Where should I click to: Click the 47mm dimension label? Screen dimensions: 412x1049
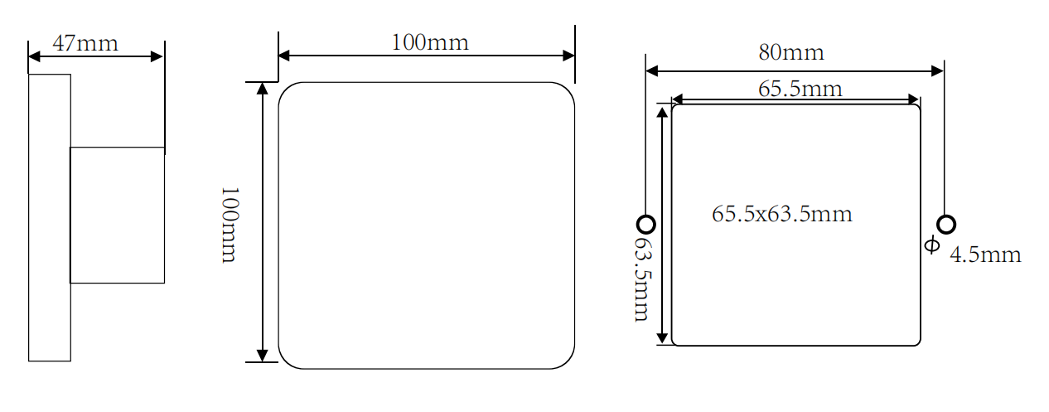pyautogui.click(x=85, y=43)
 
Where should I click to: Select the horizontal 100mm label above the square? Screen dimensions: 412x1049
pyautogui.click(x=429, y=42)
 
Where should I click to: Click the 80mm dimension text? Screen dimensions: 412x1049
pyautogui.click(x=791, y=53)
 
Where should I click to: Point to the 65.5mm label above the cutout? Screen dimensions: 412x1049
pyautogui.click(x=800, y=89)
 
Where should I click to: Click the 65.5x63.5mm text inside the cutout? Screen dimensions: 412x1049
pyautogui.click(x=781, y=214)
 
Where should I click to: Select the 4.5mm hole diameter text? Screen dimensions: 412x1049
pyautogui.click(x=984, y=254)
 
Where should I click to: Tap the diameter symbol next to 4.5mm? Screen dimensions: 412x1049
pyautogui.click(x=932, y=245)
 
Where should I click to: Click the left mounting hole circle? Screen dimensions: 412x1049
pyautogui.click(x=646, y=224)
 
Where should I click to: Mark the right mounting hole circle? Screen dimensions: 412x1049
pyautogui.click(x=945, y=224)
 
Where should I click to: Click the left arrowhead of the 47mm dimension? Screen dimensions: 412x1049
pyautogui.click(x=35, y=57)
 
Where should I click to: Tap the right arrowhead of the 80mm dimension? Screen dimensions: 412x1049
pyautogui.click(x=937, y=71)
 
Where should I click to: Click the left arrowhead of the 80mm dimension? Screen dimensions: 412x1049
pyautogui.click(x=652, y=71)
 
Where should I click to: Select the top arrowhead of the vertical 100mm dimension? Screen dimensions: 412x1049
pyautogui.click(x=263, y=89)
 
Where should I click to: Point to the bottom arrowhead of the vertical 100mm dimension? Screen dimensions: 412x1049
pyautogui.click(x=263, y=356)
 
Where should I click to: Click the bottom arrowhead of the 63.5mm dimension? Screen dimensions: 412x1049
pyautogui.click(x=662, y=337)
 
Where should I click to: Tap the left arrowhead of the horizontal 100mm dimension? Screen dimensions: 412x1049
pyautogui.click(x=284, y=56)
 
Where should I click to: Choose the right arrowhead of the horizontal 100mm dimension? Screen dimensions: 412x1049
pyautogui.click(x=568, y=56)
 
